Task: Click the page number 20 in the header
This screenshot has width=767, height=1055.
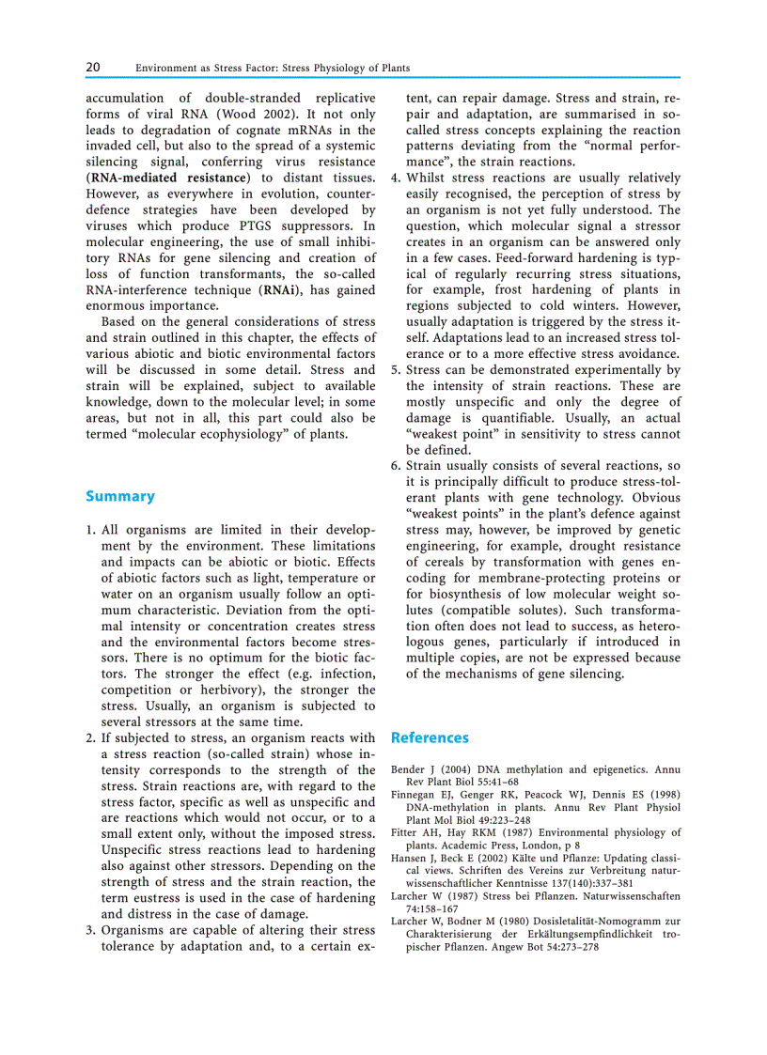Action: [93, 68]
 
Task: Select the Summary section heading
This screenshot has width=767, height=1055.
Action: [120, 496]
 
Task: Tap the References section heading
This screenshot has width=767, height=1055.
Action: [430, 737]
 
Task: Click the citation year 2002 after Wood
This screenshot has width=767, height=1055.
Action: [288, 114]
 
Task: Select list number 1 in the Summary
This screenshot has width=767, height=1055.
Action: [89, 530]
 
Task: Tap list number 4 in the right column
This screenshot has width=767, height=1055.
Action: [396, 178]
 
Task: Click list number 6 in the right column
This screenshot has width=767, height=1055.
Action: [396, 465]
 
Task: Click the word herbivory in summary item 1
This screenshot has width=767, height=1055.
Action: [234, 690]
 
